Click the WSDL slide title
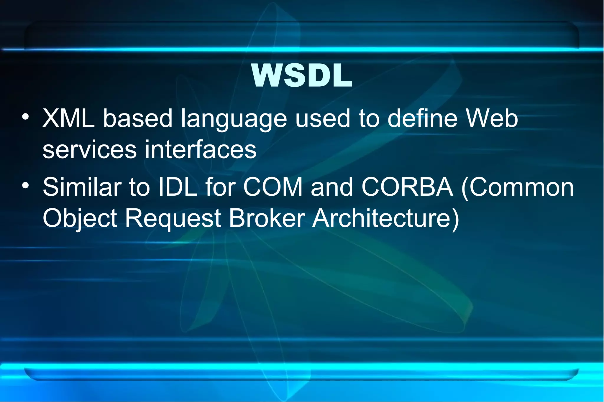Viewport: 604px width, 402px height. [302, 76]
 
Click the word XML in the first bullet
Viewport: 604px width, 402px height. [69, 118]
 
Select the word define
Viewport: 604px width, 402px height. [422, 118]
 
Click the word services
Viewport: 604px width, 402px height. [90, 149]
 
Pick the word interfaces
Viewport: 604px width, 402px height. [201, 149]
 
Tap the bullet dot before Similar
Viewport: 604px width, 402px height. [26, 185]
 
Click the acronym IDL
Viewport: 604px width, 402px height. [178, 187]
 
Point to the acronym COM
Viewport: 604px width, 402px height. [273, 187]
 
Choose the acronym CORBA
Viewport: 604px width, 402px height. [407, 187]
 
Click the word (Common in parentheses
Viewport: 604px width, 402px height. [518, 187]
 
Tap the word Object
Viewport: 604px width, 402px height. [80, 219]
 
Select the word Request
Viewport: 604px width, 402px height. [173, 219]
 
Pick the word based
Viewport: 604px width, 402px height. [138, 118]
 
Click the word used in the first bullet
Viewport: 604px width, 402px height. [323, 118]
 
